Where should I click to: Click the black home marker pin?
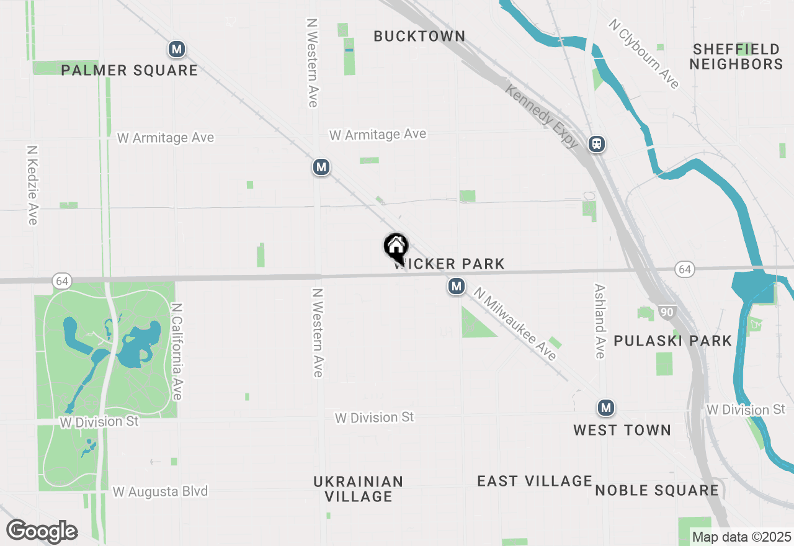point(396,248)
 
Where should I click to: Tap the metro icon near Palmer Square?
point(177,49)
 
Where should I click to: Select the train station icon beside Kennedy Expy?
point(597,144)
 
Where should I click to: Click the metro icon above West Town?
point(606,408)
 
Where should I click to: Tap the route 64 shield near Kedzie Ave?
point(61,281)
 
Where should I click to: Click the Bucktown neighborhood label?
point(419,37)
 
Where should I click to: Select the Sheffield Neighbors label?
point(736,56)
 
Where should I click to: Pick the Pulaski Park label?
point(673,341)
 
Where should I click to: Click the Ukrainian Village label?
point(359,489)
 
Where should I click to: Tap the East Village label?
point(535,481)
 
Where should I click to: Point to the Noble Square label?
point(657,491)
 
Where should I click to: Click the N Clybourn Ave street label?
point(644,54)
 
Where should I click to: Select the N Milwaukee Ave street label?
point(515,324)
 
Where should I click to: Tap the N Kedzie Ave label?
point(32,185)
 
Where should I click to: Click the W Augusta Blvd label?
point(160,491)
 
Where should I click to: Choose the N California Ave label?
point(177,351)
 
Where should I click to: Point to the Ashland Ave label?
point(599,321)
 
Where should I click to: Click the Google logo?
point(42,532)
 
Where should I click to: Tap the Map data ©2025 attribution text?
point(741,537)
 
